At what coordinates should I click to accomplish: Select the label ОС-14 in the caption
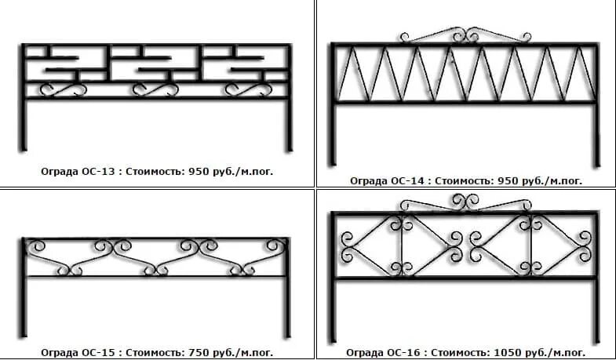coord(405,180)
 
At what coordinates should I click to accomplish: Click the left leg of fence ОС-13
coord(24,125)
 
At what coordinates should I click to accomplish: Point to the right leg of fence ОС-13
coord(289,125)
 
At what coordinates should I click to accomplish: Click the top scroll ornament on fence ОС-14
coord(464,35)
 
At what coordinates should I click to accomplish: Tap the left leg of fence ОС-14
coord(333,133)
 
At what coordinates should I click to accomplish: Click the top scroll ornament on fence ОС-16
coord(464,202)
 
